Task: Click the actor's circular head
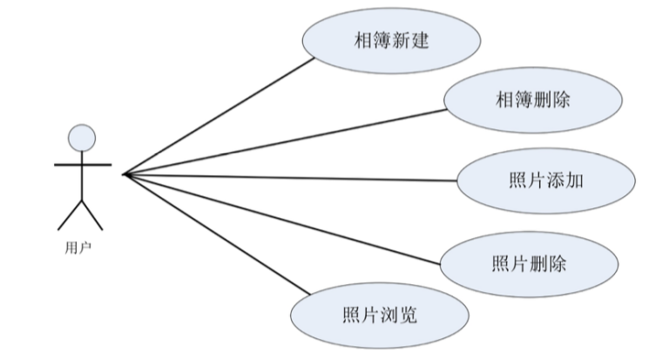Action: tap(82, 138)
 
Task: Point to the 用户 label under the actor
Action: tap(78, 247)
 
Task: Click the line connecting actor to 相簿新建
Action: tap(218, 117)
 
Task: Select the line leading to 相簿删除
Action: tap(287, 142)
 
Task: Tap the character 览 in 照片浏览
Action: tap(408, 314)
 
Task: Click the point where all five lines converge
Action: tap(125, 174)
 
